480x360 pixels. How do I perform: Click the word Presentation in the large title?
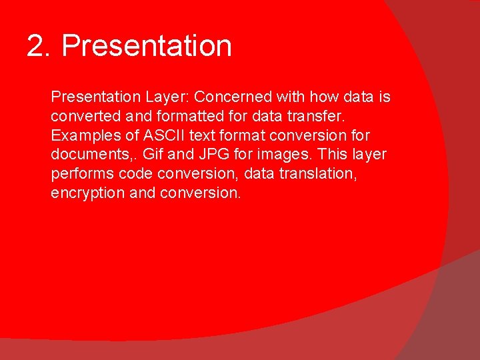pyautogui.click(x=147, y=46)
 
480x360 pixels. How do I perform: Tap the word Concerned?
pyautogui.click(x=233, y=97)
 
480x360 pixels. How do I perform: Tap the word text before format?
pyautogui.click(x=205, y=136)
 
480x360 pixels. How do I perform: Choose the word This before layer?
pyautogui.click(x=333, y=155)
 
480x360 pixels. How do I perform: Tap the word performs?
pyautogui.click(x=81, y=174)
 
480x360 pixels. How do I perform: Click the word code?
pyautogui.click(x=134, y=174)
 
